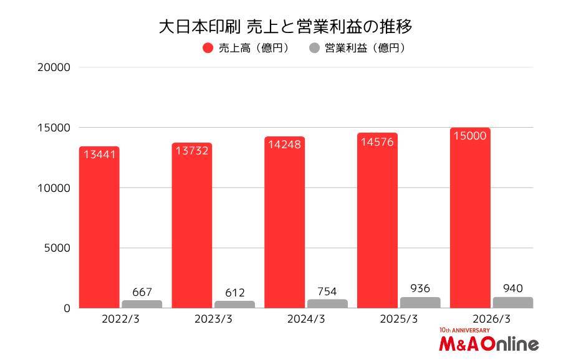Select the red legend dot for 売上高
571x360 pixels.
208,48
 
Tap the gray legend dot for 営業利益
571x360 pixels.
315,48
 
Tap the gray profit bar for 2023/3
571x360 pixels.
234,305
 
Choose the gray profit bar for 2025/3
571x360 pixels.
420,303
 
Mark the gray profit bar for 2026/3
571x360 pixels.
512,303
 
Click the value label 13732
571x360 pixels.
192,151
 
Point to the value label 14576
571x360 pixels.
377,141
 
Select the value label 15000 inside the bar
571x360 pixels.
469,136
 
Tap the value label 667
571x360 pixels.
142,292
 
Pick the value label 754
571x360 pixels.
327,291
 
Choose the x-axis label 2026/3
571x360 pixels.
492,319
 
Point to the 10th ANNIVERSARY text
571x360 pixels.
464,330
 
